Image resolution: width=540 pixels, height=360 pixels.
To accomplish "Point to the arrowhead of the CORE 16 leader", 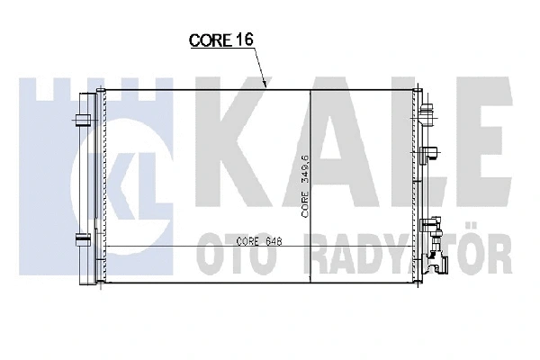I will [x=266, y=86].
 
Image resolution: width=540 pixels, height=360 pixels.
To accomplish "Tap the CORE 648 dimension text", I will [x=260, y=242].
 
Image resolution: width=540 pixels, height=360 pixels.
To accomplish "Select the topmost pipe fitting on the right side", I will [x=428, y=112].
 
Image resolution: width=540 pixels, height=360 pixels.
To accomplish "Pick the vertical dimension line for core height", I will [x=310, y=189].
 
